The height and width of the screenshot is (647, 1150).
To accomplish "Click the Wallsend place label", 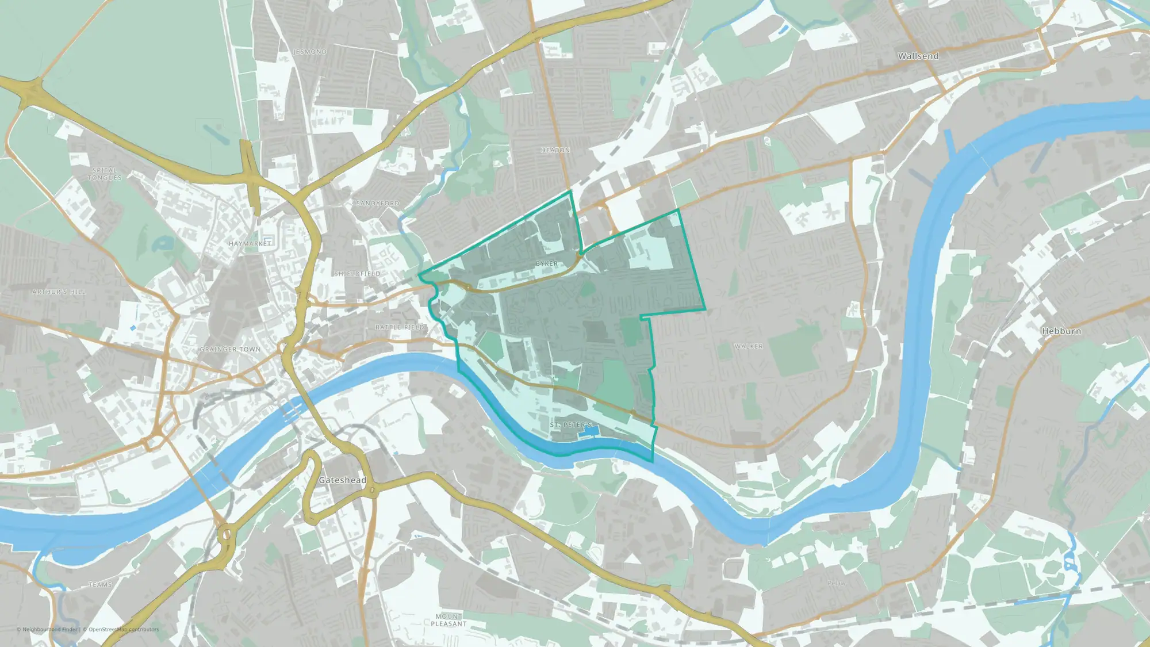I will tap(918, 56).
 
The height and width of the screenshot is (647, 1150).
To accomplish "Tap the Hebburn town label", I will tap(1061, 331).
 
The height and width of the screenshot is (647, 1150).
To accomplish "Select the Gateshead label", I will tap(342, 480).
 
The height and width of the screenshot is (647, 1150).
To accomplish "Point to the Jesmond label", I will tap(310, 52).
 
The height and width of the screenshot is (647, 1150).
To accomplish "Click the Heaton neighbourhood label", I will tap(555, 150).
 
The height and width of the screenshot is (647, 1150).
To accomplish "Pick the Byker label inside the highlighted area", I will tap(546, 263).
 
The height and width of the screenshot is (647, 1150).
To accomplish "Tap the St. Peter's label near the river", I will tap(570, 424).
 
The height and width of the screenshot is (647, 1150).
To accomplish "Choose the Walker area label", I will tap(748, 346).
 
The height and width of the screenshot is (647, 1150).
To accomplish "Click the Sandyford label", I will tap(377, 204).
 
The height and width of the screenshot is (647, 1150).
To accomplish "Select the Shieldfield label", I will tap(357, 274).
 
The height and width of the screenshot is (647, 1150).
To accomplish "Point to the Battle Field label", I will tap(400, 327).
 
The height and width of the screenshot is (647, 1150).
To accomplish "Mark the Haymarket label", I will tap(250, 244).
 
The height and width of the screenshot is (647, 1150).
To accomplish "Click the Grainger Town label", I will tap(230, 349).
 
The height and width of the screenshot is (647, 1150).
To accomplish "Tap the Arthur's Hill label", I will tap(59, 292).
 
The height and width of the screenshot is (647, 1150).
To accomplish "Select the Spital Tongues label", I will tap(105, 174).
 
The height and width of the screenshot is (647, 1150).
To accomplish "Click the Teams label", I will tap(100, 584).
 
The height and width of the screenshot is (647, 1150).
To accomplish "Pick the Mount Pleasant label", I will tap(448, 620).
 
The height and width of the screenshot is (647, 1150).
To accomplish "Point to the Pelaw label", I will tap(836, 583).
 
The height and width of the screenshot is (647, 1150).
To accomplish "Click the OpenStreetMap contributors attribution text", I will tap(123, 629).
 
